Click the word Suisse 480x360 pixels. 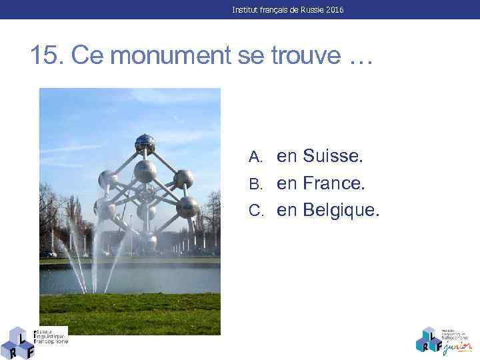pyautogui.click(x=333, y=156)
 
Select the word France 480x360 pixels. pyautogui.click(x=335, y=183)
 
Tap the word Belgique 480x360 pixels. pyautogui.click(x=341, y=211)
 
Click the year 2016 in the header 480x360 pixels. pyautogui.click(x=335, y=10)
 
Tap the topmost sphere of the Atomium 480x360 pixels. pyautogui.click(x=145, y=143)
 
